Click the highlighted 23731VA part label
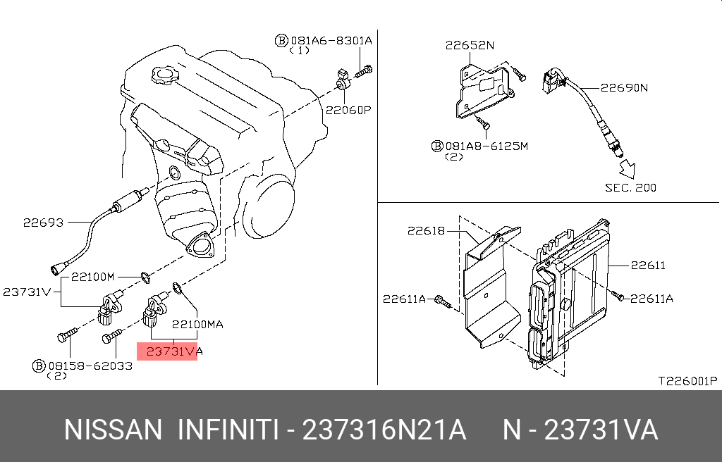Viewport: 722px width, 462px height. pos(174,351)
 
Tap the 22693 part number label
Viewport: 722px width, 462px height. pos(43,223)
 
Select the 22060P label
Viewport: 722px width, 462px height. pos(348,111)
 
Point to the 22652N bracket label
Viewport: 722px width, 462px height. pos(470,45)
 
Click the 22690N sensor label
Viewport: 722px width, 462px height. pos(624,87)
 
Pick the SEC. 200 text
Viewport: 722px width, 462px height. pos(630,188)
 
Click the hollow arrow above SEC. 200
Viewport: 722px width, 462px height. pos(627,169)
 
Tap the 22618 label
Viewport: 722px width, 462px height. pos(427,230)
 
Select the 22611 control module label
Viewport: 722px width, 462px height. pos(648,265)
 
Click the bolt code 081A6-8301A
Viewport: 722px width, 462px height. pos(331,40)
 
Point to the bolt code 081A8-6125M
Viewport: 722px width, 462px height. pos(487,146)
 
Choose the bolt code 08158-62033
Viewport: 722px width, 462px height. pos(90,366)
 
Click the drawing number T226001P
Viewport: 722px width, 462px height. pos(687,381)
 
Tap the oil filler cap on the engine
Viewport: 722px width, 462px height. pos(165,75)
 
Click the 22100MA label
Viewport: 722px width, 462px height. pos(197,325)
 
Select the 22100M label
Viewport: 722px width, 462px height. pos(92,277)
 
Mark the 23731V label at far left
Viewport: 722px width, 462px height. pos(26,292)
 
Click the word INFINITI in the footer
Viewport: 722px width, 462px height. pos(228,430)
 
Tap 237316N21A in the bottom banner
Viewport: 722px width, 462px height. pos(384,430)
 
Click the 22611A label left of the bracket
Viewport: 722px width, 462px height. pos(404,299)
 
